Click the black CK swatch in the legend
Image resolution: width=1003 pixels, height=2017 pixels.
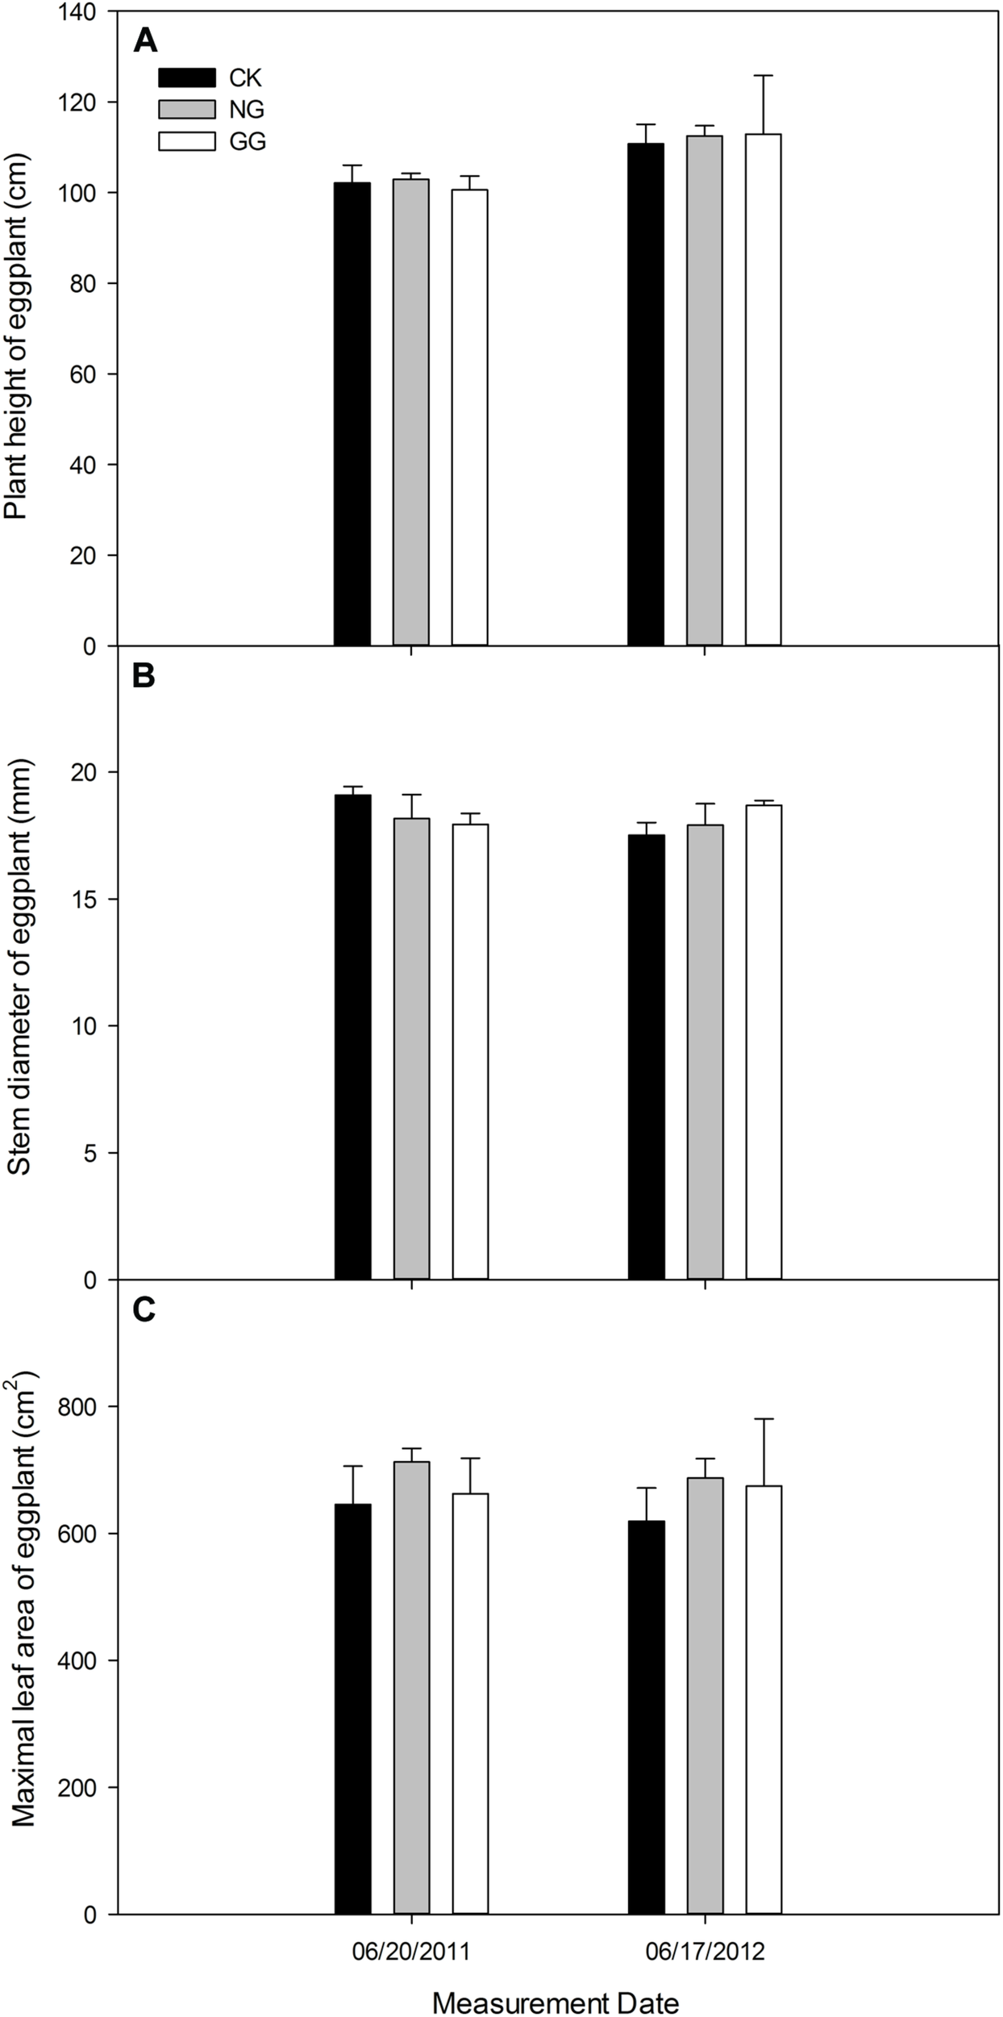click(x=187, y=77)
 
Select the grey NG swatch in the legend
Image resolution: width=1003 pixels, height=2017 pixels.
click(x=187, y=109)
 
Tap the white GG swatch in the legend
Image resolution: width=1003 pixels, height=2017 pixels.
click(x=187, y=141)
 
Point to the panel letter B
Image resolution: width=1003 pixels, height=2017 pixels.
click(x=144, y=676)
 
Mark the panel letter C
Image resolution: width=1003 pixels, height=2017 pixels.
click(x=144, y=1311)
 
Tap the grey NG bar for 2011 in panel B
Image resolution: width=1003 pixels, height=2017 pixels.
click(x=411, y=1049)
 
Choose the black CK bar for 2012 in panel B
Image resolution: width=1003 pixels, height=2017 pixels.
click(x=647, y=1057)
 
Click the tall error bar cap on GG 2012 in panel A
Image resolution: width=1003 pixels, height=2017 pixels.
click(x=763, y=76)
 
